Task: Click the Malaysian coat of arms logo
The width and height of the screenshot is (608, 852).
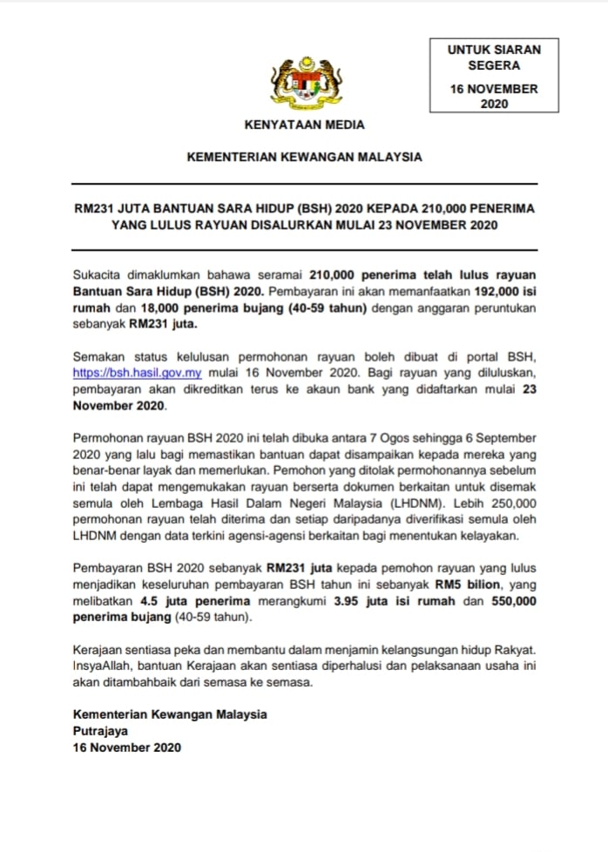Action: click(304, 83)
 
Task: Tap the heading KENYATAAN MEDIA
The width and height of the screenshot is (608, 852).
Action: click(304, 125)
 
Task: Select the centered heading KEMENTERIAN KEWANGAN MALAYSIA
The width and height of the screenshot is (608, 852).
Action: click(304, 158)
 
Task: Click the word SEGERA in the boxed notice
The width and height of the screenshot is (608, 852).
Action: click(494, 65)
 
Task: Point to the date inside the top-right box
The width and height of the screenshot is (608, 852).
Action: click(494, 97)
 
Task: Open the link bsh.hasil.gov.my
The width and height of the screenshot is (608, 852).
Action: click(138, 372)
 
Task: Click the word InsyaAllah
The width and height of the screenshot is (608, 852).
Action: click(105, 667)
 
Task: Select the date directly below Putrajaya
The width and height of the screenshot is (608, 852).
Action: click(127, 748)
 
